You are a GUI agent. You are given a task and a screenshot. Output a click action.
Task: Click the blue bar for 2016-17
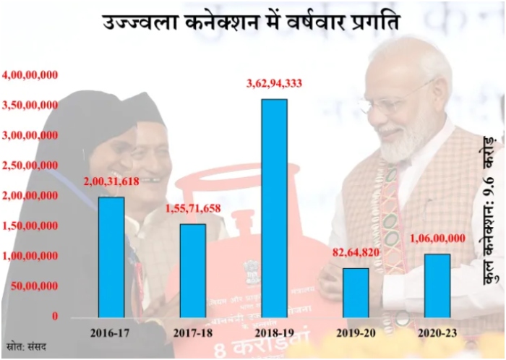[x=111, y=257]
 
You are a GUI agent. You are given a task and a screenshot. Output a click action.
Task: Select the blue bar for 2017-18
[x=193, y=270]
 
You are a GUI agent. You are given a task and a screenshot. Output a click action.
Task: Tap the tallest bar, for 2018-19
[x=274, y=208]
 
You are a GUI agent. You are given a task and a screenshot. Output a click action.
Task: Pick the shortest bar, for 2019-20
[x=356, y=293]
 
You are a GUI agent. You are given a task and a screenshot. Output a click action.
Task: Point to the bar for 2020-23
[x=437, y=286]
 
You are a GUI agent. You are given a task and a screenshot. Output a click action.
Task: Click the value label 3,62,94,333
[x=274, y=85]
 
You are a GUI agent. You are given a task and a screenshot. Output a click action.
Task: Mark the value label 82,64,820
[x=356, y=254]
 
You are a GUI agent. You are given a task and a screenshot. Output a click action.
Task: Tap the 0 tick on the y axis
[x=55, y=317]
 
